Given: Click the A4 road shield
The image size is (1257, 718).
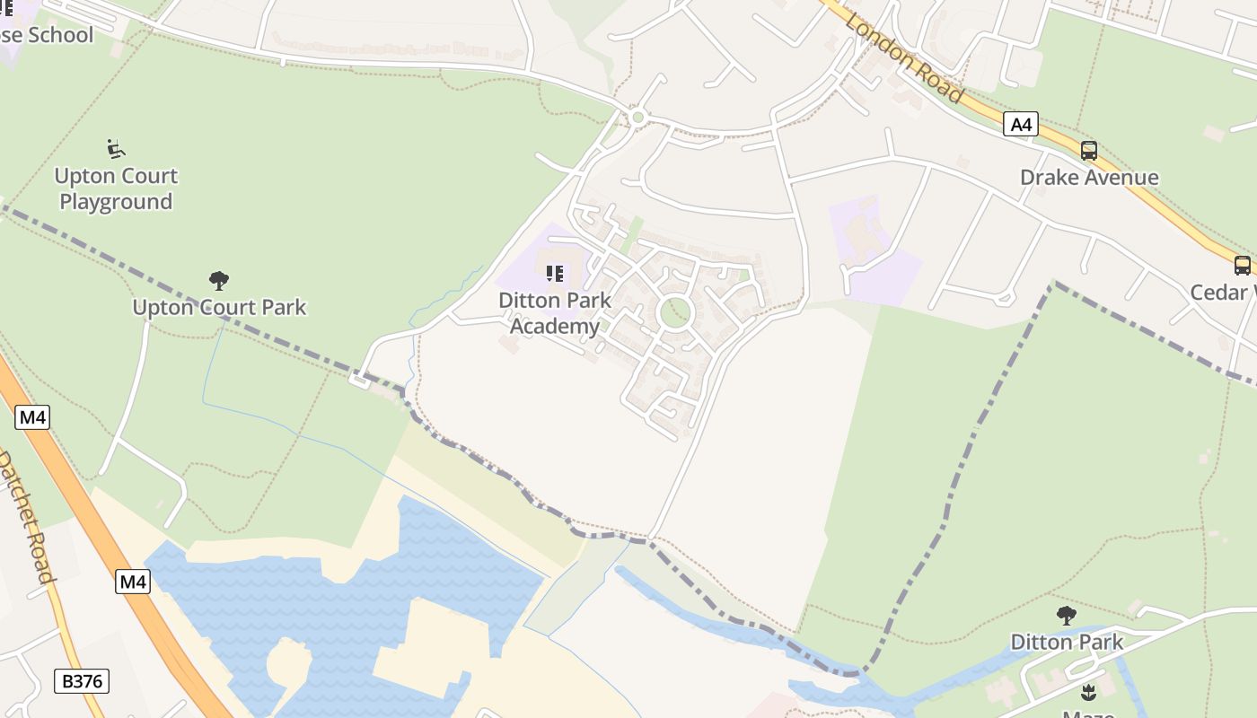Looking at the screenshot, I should [1021, 124].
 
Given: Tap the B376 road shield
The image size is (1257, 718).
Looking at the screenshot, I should [82, 681].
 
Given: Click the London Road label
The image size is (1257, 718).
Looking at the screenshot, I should [904, 58].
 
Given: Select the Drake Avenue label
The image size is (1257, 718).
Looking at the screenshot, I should [1089, 177].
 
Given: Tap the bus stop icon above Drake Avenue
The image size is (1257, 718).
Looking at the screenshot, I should [1089, 151].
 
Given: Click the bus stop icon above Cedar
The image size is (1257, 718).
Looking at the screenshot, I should [1243, 265].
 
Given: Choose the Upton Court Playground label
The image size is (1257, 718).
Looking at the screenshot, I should [116, 188].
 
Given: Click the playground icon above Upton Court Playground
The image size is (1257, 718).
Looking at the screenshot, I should [116, 148].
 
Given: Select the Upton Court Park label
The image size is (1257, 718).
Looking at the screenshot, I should [219, 307].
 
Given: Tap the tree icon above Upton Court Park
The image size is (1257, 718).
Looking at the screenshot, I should [219, 281].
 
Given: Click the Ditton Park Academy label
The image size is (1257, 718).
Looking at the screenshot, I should [555, 312].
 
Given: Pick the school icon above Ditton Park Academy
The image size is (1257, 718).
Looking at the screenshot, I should [555, 273].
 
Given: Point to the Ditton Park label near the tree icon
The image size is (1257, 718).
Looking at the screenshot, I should [1067, 642].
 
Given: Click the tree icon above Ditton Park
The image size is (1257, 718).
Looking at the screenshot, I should [1067, 616].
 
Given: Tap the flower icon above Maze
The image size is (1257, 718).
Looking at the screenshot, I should [1089, 692].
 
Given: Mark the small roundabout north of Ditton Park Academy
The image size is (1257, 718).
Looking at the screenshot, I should [638, 117].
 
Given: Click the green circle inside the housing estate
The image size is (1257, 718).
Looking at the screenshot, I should [674, 313].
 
